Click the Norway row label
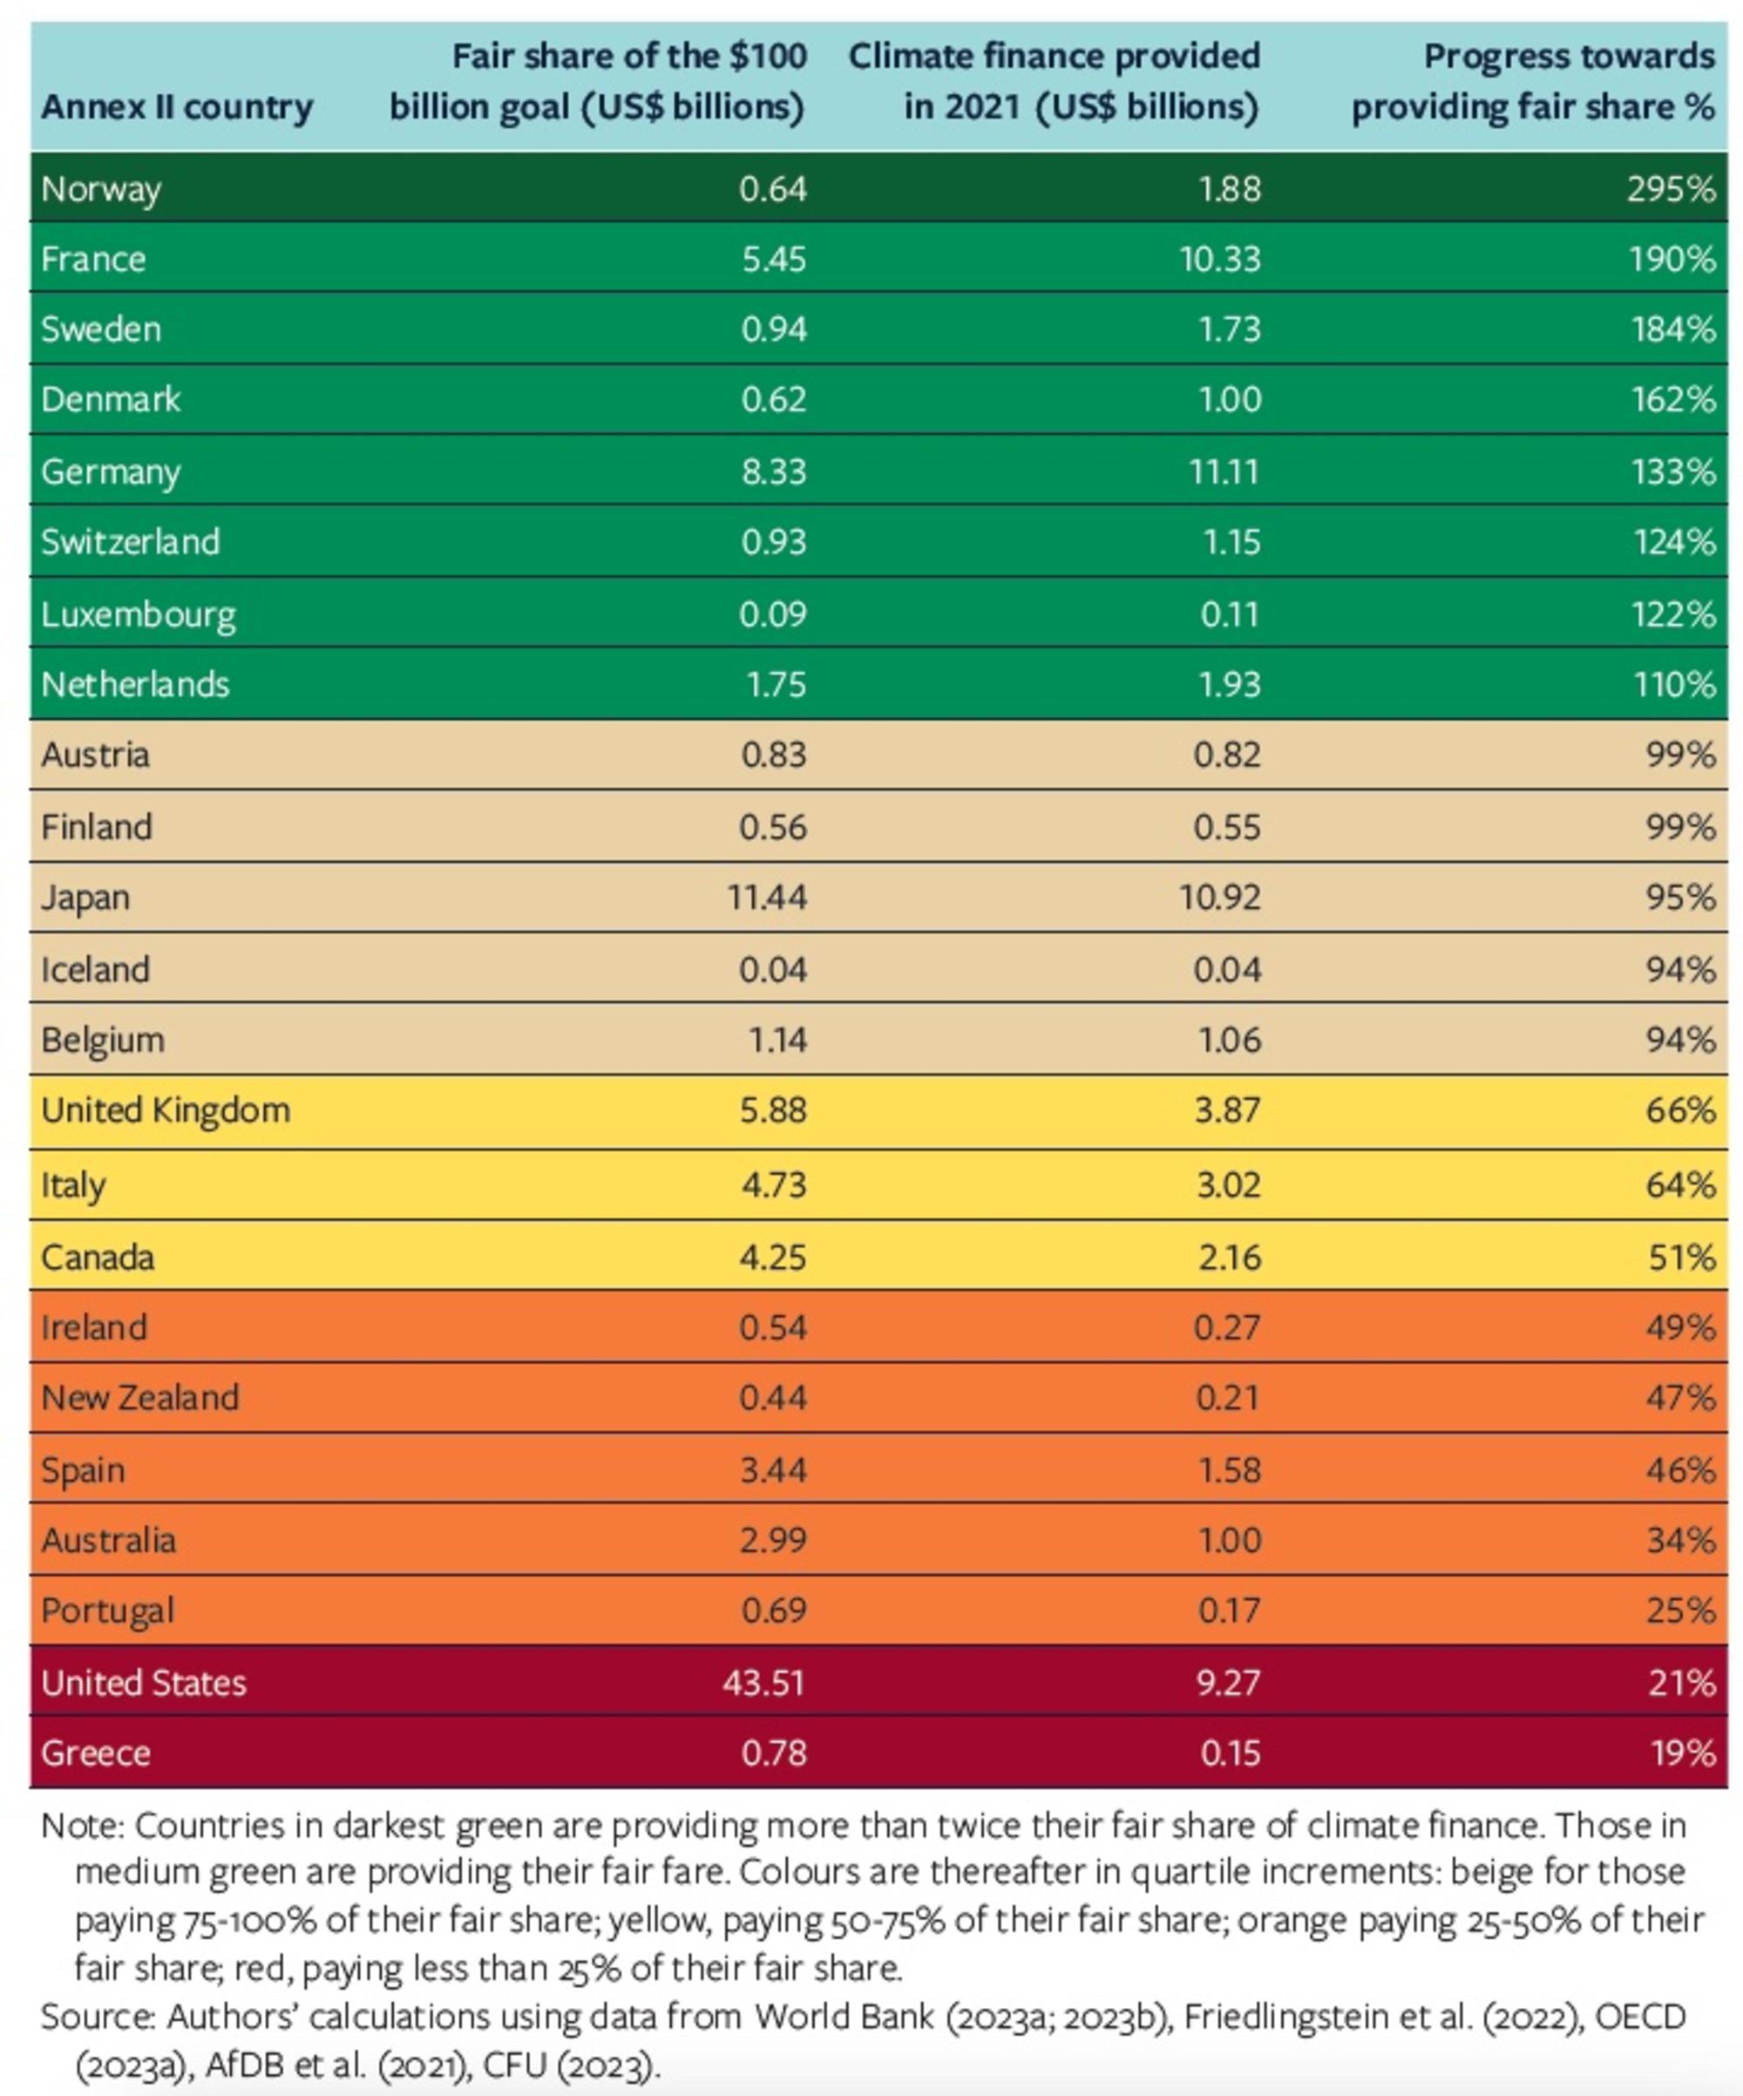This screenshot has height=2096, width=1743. (100, 188)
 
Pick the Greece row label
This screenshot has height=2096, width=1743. (95, 1753)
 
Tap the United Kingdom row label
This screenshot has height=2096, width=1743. (165, 1111)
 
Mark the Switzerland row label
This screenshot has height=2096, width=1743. (130, 542)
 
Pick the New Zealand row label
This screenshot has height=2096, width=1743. (139, 1397)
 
